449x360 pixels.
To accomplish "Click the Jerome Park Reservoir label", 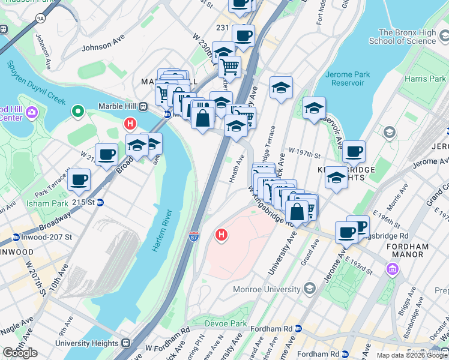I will [x=347, y=80].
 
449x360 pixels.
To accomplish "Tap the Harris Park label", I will [x=425, y=79].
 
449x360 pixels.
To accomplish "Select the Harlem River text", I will [x=162, y=230].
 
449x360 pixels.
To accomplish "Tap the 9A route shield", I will [x=40, y=19].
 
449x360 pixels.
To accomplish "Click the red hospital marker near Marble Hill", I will [x=129, y=125].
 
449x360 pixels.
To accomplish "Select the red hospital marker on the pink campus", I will [x=221, y=235].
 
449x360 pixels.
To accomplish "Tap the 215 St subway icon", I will [x=101, y=203].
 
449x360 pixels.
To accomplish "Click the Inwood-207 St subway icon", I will [x=16, y=237].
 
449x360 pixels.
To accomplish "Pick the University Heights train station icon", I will [x=125, y=343].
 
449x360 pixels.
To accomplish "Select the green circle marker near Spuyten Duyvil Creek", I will [x=77, y=111].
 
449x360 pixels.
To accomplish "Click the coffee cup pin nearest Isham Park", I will [x=79, y=179].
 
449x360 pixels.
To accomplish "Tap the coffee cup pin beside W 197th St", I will [x=354, y=151].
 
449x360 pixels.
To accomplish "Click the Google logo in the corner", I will [x=20, y=353].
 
